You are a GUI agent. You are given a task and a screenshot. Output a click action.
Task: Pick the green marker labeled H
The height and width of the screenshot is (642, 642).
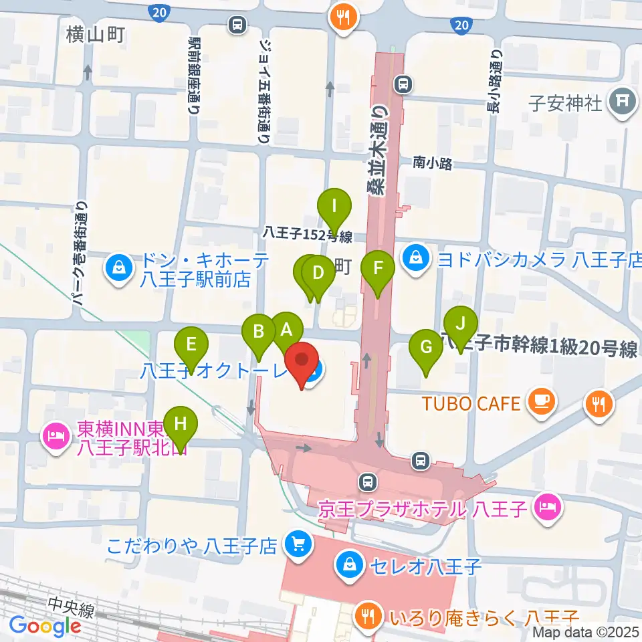180,424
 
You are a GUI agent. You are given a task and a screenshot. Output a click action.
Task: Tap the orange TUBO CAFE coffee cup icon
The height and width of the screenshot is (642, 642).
539,402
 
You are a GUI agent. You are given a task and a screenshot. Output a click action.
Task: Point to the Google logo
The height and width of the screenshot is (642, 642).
45,626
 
